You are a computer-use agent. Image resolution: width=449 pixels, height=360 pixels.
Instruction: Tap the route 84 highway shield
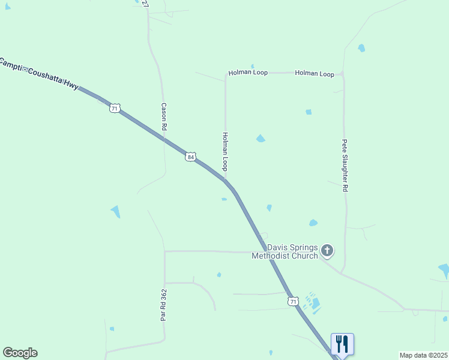tap(190, 157)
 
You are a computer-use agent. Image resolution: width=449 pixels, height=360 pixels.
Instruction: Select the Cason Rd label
tap(163, 116)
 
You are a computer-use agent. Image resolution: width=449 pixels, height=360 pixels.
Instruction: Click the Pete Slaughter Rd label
tap(345, 166)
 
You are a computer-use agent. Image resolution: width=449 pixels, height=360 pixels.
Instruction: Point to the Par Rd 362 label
tap(163, 305)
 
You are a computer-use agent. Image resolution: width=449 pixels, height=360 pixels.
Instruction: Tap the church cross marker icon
tap(327, 250)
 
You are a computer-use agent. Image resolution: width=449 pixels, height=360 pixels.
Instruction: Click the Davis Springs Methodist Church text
tap(285, 252)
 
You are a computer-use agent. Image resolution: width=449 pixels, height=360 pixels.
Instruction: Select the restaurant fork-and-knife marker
tap(342, 344)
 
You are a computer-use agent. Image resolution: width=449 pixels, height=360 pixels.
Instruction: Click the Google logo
tap(20, 353)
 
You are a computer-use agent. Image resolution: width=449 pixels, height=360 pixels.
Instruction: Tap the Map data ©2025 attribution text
tap(423, 355)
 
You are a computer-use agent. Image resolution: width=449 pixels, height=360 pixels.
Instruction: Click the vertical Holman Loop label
tap(225, 151)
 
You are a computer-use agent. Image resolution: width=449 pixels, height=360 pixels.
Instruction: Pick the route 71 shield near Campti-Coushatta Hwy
tap(115, 108)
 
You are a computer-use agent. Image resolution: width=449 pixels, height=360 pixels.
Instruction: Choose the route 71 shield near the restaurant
tap(292, 301)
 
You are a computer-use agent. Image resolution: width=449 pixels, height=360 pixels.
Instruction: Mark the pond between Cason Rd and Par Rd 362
tap(115, 211)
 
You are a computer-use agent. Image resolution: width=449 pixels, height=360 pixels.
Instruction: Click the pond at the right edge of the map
tap(444, 270)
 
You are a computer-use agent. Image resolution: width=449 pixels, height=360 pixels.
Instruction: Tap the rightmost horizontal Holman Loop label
tap(315, 73)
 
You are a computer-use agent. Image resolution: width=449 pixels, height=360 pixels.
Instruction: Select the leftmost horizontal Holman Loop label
tap(247, 73)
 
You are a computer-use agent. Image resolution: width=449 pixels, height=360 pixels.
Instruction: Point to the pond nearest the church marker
tap(313, 223)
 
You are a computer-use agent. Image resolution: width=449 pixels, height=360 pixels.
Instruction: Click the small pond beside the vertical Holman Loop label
tap(261, 139)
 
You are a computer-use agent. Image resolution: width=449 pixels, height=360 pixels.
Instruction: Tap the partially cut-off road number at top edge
tap(145, 3)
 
